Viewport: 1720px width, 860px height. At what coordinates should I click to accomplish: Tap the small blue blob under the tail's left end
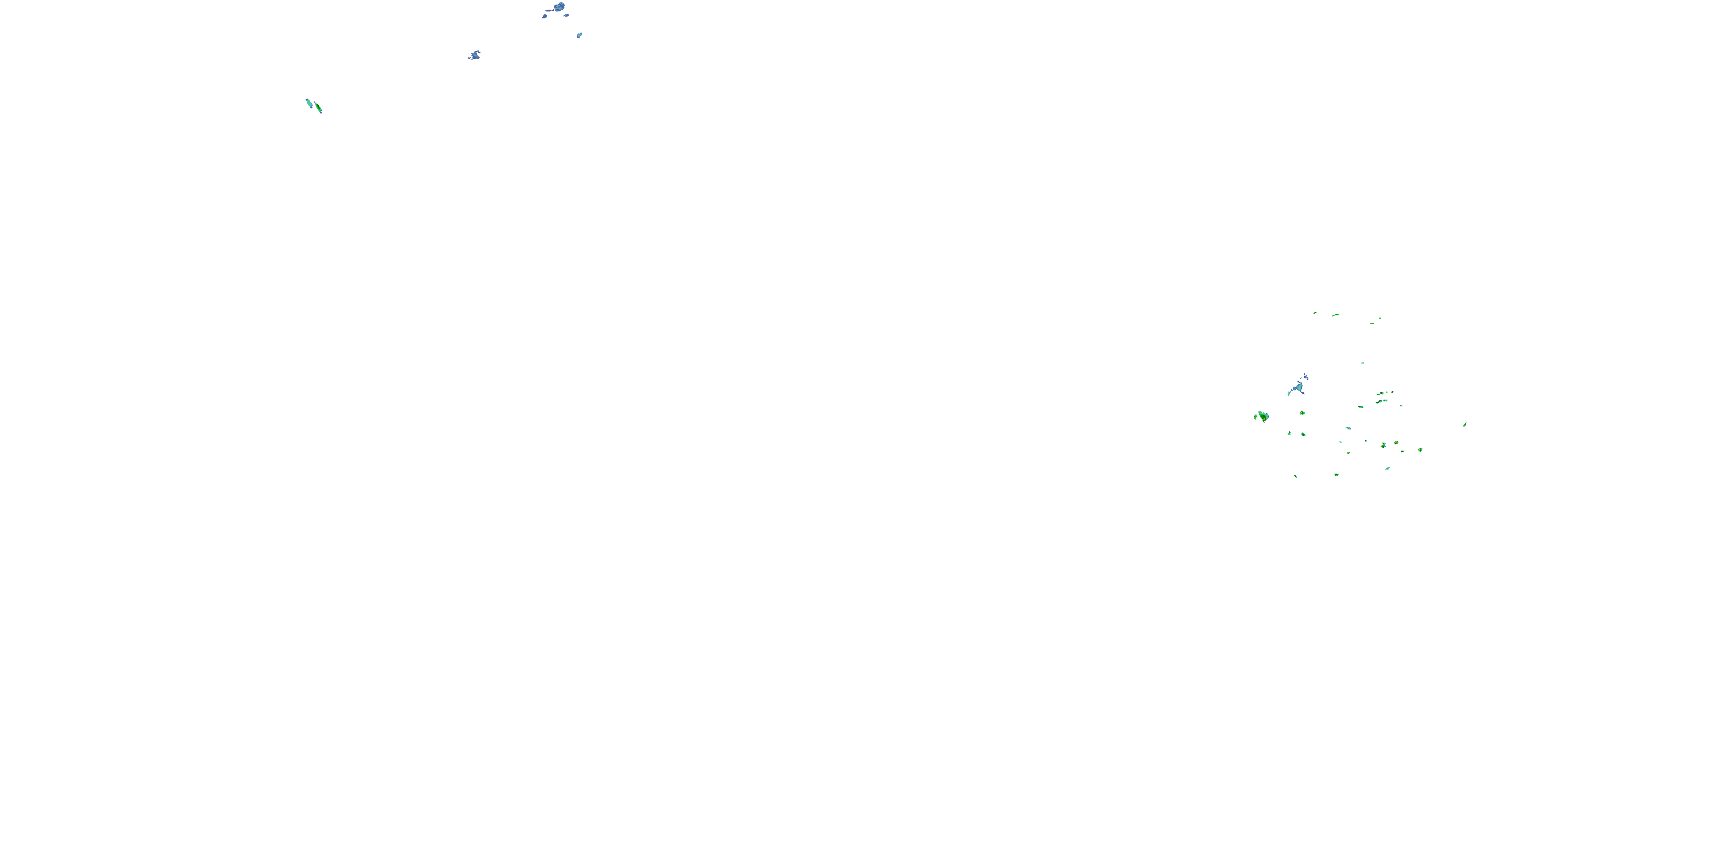544,16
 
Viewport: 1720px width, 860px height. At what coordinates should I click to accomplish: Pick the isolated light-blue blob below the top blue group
580,35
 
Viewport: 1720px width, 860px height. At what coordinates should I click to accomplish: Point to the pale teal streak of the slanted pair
308,103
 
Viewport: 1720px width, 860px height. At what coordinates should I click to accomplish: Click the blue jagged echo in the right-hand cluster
1298,386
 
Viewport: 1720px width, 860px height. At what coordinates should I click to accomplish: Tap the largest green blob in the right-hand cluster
1263,417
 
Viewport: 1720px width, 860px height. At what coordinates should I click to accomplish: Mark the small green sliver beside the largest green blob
1255,416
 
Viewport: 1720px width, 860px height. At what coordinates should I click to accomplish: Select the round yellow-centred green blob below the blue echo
1302,413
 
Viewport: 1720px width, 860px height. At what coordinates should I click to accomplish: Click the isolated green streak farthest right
1465,425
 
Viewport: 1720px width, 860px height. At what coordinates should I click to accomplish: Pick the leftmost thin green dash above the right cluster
1315,312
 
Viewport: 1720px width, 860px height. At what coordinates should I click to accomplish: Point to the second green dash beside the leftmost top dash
1335,315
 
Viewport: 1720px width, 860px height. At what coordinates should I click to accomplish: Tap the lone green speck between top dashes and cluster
1363,363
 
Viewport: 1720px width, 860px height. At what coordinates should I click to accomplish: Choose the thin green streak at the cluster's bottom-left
1295,476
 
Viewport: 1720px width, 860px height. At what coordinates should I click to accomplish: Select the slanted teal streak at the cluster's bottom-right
1387,468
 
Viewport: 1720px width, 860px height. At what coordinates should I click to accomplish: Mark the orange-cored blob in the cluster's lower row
1396,443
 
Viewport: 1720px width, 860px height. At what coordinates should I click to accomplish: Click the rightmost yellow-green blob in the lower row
1420,449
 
